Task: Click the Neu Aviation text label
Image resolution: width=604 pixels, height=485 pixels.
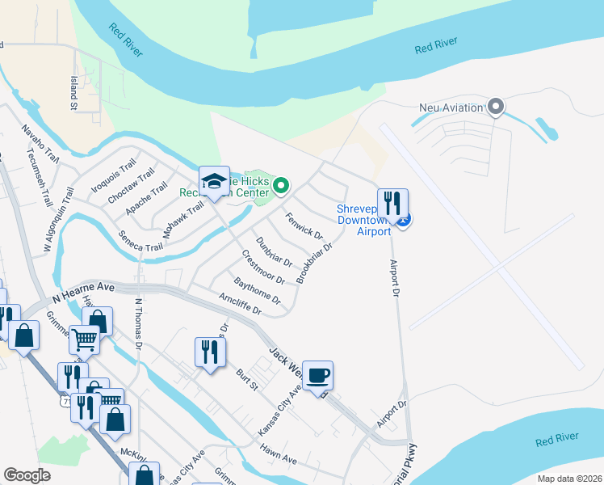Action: click(x=451, y=108)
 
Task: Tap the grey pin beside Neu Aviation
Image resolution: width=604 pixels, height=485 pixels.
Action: click(x=496, y=107)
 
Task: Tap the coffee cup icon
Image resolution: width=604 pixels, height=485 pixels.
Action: click(x=318, y=375)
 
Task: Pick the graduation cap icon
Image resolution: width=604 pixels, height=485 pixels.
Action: click(x=214, y=180)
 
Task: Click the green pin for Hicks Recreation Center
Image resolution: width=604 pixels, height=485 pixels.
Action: click(x=281, y=187)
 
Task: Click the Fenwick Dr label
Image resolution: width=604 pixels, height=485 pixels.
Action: click(x=304, y=226)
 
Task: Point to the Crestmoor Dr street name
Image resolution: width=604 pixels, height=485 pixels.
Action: click(x=263, y=267)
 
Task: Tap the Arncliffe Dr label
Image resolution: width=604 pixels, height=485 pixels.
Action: click(x=241, y=304)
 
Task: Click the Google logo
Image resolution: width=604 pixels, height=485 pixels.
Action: click(x=27, y=475)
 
